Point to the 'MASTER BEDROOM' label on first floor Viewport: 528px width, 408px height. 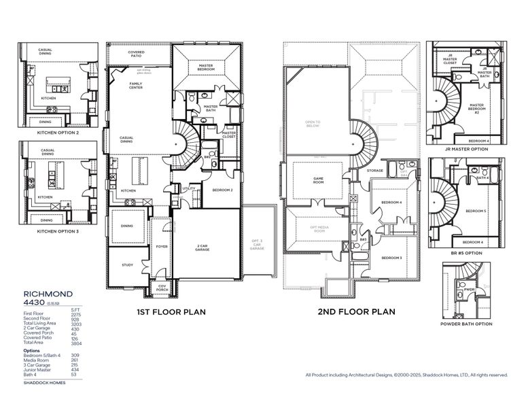coord(207,67)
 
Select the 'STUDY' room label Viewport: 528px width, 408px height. coord(128,265)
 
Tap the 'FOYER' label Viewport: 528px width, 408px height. coord(162,247)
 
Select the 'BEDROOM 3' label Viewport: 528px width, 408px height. coord(391,258)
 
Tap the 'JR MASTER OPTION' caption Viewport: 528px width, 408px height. coord(467,149)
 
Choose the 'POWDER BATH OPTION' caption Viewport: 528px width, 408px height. coord(467,324)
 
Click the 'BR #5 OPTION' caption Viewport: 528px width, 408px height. coord(467,252)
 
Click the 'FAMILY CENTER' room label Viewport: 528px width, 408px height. coord(136,86)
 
